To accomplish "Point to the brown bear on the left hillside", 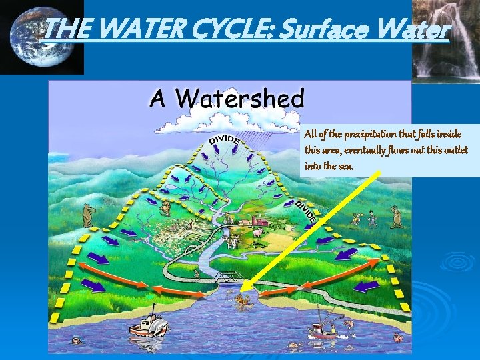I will tap(87, 214).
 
